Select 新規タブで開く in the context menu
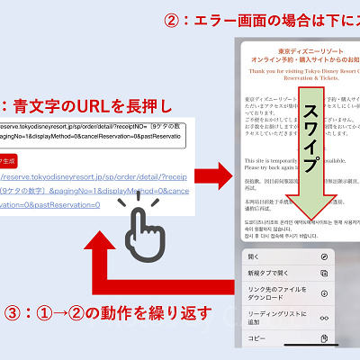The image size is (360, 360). pyautogui.click(x=270, y=274)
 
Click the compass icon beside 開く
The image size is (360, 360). pyautogui.click(x=324, y=257)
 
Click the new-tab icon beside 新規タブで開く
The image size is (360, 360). pyautogui.click(x=324, y=274)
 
